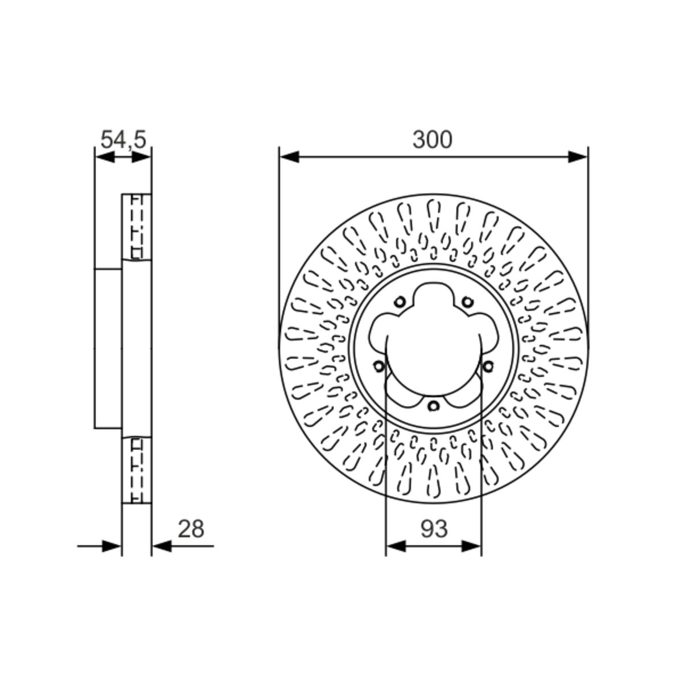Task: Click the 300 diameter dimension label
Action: click(432, 139)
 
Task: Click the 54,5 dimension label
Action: click(124, 139)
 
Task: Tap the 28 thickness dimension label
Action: click(191, 529)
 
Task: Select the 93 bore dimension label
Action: click(434, 529)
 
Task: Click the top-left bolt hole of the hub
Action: click(400, 302)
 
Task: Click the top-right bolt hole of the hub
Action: click(467, 302)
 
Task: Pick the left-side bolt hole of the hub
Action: click(379, 366)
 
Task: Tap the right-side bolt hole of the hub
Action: click(488, 366)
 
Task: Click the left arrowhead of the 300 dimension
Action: click(289, 157)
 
